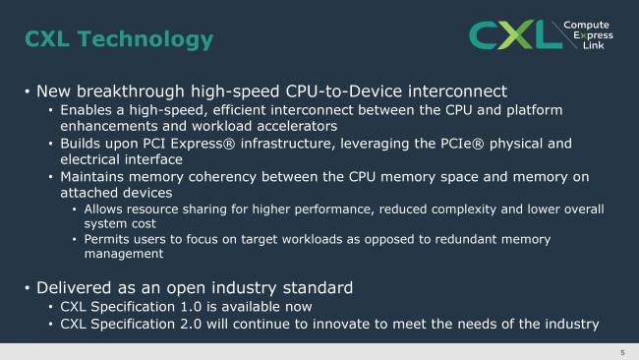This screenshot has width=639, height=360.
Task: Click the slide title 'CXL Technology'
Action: point(118,39)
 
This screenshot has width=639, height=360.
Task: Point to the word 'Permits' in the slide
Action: point(108,238)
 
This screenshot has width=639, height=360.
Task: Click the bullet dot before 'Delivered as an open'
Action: point(27,289)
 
